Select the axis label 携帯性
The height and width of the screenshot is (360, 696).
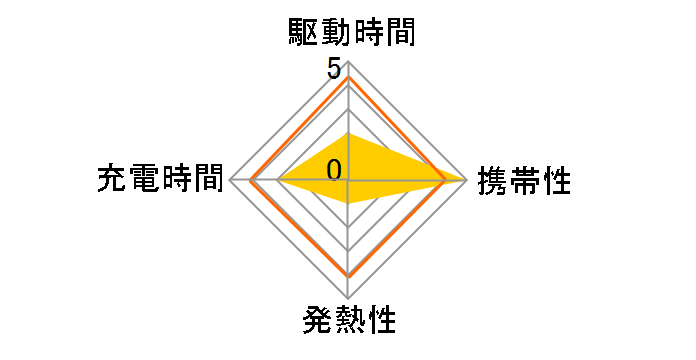[525, 182]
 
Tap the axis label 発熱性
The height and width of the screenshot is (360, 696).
[348, 322]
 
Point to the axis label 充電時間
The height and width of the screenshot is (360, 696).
[160, 180]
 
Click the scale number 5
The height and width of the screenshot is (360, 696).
[333, 70]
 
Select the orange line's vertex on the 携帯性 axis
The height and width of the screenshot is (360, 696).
[444, 180]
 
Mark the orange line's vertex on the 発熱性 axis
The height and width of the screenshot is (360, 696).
[348, 274]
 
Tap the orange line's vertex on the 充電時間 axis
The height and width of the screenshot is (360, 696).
[252, 180]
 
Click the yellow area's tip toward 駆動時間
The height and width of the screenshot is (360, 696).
[348, 132]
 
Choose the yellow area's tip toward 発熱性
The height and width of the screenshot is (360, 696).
[348, 203]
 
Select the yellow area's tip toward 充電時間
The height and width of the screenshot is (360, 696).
[277, 180]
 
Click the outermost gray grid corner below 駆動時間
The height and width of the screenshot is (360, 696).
[348, 62]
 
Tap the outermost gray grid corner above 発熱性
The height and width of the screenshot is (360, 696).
[348, 298]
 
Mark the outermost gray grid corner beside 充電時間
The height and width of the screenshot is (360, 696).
[230, 180]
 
